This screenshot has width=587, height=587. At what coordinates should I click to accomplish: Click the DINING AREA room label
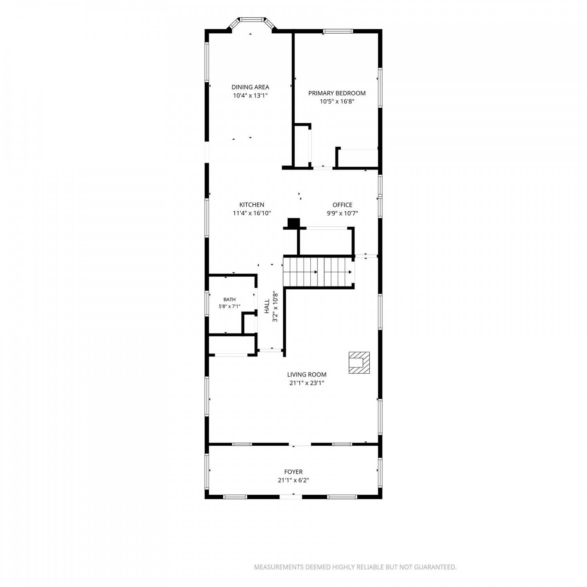250,87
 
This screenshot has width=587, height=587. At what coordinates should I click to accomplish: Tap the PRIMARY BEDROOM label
337,93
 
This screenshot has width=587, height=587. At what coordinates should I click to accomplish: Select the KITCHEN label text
252,205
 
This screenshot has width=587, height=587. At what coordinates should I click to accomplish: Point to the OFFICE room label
342,205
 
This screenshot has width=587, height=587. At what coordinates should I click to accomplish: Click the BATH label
230,300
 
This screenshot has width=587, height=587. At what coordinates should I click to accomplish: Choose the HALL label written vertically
267,306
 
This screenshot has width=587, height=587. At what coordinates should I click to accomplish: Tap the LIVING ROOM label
307,375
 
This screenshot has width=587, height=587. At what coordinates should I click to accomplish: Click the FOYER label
293,472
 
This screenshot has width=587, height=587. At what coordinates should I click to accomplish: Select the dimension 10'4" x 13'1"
250,95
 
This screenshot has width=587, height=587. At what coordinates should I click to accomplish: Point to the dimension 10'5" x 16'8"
337,101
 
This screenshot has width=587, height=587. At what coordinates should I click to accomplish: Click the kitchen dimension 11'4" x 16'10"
252,213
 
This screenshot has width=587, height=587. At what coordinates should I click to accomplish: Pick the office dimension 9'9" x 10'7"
342,213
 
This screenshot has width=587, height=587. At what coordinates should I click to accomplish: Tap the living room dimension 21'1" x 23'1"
307,383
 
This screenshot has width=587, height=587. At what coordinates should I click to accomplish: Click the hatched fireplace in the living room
359,362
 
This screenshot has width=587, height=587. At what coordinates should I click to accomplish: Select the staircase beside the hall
319,272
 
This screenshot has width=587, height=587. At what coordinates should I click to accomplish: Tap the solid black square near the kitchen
293,223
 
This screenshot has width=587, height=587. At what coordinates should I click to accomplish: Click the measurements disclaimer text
355,567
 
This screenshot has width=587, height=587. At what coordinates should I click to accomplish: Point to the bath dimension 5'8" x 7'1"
230,307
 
